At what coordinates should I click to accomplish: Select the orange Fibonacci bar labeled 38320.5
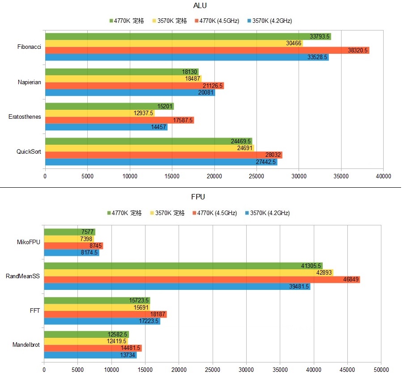pyautogui.click(x=207, y=51)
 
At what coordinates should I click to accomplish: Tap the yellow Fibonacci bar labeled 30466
pyautogui.click(x=174, y=43)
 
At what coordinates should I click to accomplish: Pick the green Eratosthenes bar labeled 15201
pyautogui.click(x=109, y=106)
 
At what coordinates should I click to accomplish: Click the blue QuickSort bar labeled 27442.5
pyautogui.click(x=161, y=162)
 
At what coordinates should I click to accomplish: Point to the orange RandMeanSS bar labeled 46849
pyautogui.click(x=201, y=280)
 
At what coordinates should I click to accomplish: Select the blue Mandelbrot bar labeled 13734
pyautogui.click(x=90, y=355)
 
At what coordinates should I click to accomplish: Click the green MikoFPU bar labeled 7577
pyautogui.click(x=69, y=232)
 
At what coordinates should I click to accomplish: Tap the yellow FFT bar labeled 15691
pyautogui.click(x=97, y=307)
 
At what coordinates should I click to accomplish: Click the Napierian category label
pyautogui.click(x=30, y=82)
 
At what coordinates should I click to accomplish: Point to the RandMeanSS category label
pyautogui.click(x=23, y=276)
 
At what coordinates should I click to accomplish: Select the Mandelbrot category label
pyautogui.click(x=26, y=345)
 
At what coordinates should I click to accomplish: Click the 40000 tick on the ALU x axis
pyautogui.click(x=383, y=176)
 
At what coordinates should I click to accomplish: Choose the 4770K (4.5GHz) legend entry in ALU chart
pyautogui.click(x=217, y=21)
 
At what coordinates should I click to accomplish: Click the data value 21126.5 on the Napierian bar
pyautogui.click(x=213, y=86)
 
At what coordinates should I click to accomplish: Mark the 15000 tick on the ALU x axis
pyautogui.click(x=172, y=176)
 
